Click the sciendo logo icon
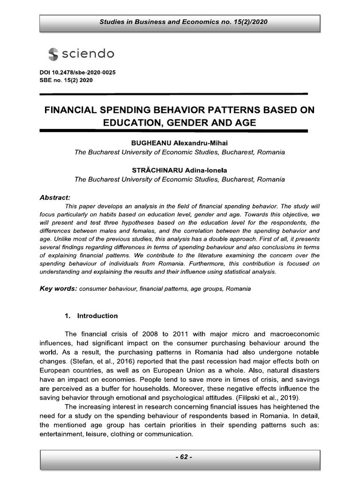[x=53, y=54]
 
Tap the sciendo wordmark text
[x=87, y=54]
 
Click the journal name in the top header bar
[x=180, y=22]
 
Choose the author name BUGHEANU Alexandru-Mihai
[x=180, y=142]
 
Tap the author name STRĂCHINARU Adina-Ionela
[x=180, y=170]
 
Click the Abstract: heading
[x=55, y=197]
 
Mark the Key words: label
[x=58, y=289]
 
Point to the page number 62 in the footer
[x=180, y=457]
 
